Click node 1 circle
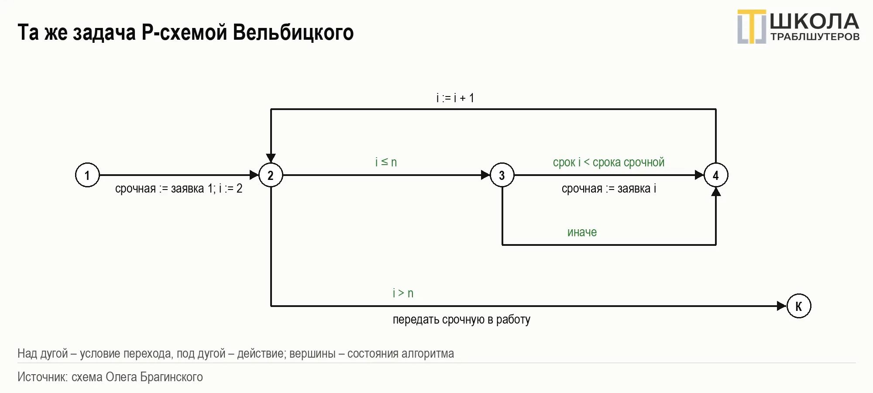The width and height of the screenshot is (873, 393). click(87, 175)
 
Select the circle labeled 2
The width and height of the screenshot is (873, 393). click(271, 175)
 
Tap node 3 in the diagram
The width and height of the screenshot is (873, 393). click(502, 175)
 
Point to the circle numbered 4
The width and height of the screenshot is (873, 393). click(716, 175)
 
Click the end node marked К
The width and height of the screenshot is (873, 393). click(799, 306)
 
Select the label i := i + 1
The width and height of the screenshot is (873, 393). click(455, 98)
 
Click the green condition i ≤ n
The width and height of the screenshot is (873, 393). click(386, 162)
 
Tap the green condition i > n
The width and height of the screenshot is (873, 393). click(403, 293)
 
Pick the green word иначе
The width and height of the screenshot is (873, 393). click(582, 232)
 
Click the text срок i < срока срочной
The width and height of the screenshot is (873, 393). click(608, 162)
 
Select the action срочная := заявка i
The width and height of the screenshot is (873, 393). click(609, 189)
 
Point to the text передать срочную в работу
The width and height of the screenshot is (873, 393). click(461, 320)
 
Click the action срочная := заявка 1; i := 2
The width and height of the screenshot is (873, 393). click(179, 189)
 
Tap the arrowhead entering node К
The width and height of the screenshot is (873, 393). click(782, 306)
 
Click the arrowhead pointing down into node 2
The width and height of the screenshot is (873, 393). click(271, 158)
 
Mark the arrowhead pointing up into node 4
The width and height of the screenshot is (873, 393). click(716, 192)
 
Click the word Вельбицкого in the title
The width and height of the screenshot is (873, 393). click(293, 33)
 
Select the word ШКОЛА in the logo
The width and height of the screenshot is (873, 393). click(815, 21)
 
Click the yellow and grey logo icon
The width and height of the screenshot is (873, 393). click(752, 27)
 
